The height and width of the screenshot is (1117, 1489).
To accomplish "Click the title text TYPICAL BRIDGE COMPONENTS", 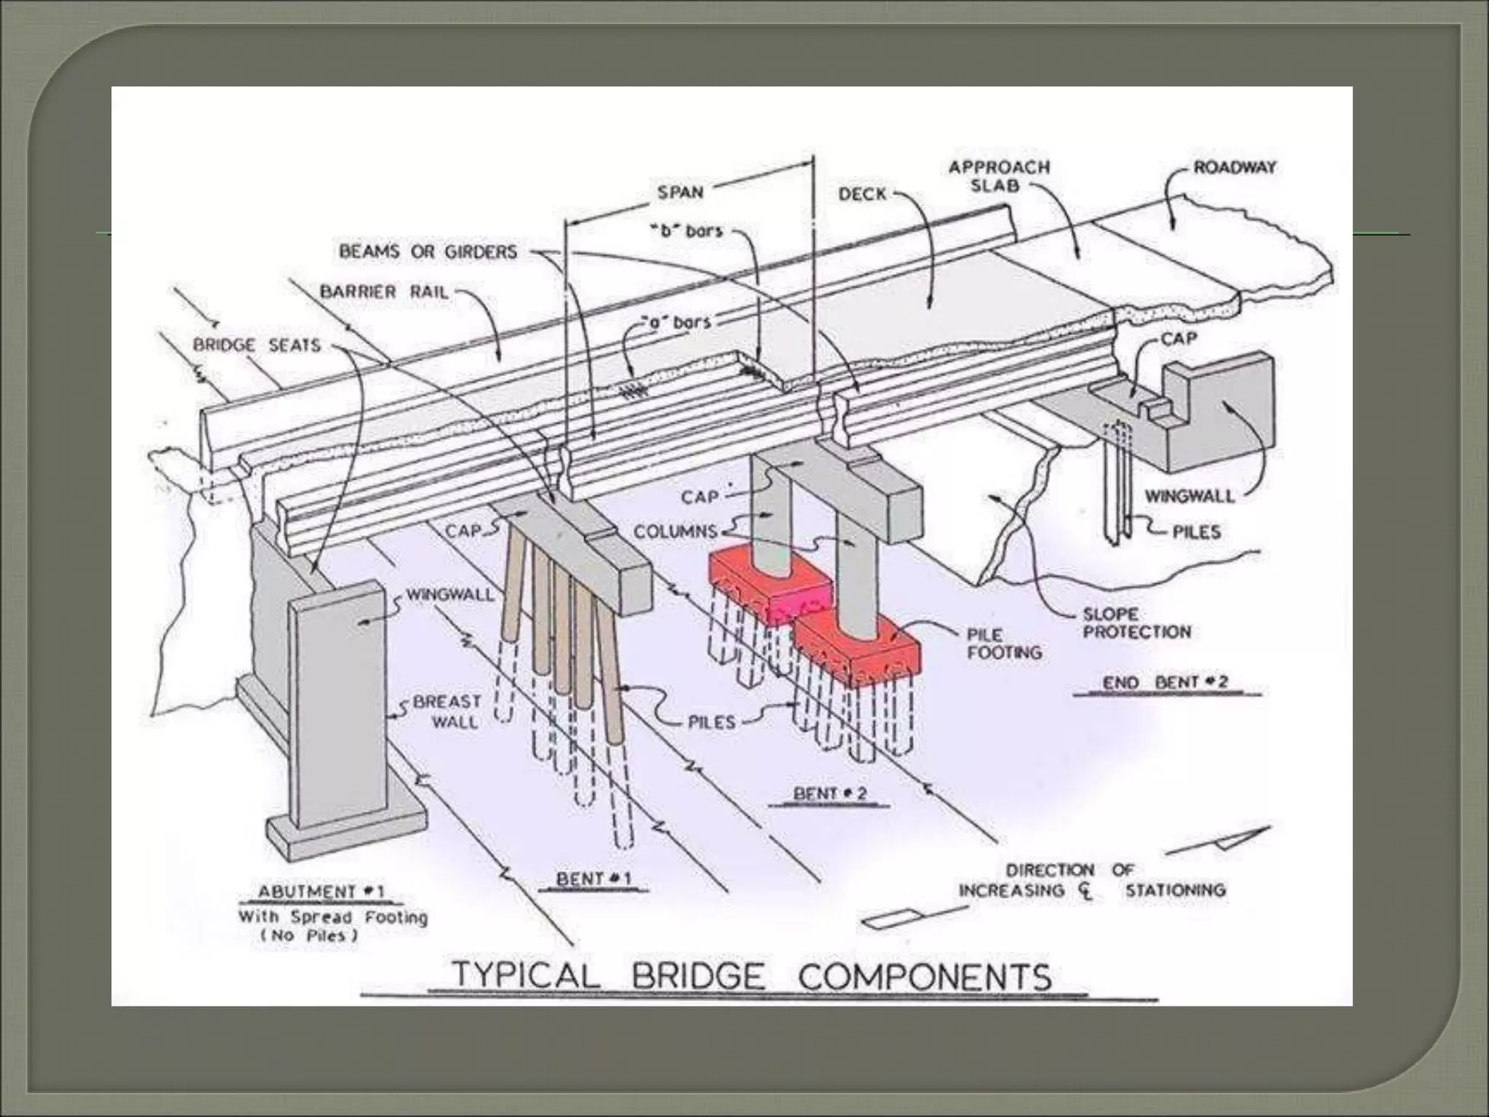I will coord(752,976).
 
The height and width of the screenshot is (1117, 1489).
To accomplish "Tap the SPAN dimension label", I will coord(680,193).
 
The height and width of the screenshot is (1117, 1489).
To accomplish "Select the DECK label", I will coord(862,194).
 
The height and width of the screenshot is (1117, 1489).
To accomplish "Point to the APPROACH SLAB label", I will coord(999,176).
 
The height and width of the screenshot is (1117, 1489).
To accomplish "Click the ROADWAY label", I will coord(1234,167).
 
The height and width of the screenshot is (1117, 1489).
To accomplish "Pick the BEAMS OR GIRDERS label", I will coord(428,252).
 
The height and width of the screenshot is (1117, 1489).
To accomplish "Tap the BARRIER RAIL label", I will coord(384,292).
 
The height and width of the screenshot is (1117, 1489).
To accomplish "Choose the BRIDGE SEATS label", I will coord(256,345).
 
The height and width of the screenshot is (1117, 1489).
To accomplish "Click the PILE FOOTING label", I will coord(1003,644).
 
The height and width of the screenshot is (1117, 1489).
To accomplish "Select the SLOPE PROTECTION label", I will coord(1136,623).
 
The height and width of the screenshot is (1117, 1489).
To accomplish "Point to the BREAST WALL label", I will coord(447,711).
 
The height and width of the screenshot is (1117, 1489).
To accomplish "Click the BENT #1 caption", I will coord(594,878).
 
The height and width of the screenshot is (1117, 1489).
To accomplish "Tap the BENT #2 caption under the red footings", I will coord(830,793).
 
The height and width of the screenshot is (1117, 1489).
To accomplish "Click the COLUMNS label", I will coord(675,532).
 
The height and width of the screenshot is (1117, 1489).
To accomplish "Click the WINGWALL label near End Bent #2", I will coord(1189,496).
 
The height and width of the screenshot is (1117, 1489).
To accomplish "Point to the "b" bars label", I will coord(686,231).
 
